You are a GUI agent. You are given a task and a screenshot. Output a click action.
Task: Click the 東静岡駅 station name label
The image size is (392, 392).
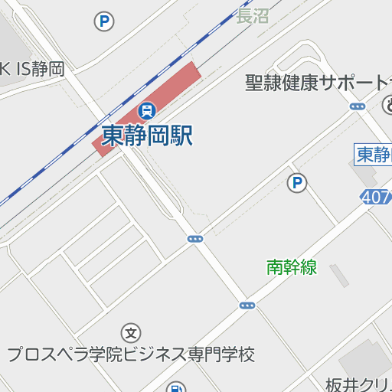pyautogui.click(x=147, y=136)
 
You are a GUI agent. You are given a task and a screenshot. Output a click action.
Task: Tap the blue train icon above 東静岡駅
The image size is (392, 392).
pyautogui.click(x=145, y=110)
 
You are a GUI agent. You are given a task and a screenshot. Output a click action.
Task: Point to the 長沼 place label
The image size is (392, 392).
pyautogui.click(x=253, y=16)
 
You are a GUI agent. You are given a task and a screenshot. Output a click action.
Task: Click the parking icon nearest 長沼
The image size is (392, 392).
pyautogui.click(x=104, y=21)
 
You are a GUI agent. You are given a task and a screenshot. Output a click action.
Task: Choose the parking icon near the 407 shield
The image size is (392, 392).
pyautogui.click(x=297, y=183)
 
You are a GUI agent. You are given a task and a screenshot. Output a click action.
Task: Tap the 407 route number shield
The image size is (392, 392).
pyautogui.click(x=376, y=198)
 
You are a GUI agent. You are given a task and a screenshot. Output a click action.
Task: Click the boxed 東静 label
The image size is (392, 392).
pyautogui.click(x=374, y=154)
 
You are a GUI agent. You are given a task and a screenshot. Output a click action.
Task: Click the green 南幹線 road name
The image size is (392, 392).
pyautogui.click(x=292, y=267)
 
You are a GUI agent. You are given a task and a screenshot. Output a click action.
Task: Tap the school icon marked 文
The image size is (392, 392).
pyautogui.click(x=132, y=333)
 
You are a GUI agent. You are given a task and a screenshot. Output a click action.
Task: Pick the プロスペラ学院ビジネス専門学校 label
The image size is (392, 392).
pyautogui.click(x=130, y=354)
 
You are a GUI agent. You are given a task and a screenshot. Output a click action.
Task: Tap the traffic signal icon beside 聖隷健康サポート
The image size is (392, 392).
pyautogui.click(x=358, y=106)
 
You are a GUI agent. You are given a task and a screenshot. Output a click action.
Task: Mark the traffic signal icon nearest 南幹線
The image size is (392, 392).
pyautogui.click(x=247, y=305)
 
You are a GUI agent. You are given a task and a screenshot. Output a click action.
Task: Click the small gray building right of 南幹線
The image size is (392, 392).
pyautogui.click(x=338, y=276)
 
